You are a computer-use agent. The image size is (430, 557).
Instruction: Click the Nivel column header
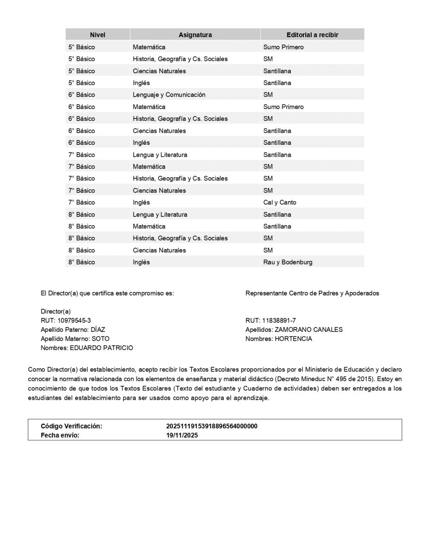(97, 35)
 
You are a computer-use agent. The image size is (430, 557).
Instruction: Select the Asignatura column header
(195, 35)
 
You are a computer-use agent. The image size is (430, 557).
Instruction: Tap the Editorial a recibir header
(312, 35)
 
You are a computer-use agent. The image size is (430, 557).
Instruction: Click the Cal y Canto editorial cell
(280, 202)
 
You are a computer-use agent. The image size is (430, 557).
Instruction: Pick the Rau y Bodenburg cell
(288, 262)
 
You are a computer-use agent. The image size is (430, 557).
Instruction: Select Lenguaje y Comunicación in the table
(169, 95)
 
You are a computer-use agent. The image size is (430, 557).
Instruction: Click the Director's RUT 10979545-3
(74, 321)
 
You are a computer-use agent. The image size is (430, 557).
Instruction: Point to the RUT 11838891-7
(279, 321)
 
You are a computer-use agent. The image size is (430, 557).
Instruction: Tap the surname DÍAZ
(98, 330)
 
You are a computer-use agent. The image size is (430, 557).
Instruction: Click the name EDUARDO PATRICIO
(101, 348)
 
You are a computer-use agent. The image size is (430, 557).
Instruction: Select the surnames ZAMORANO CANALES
(308, 330)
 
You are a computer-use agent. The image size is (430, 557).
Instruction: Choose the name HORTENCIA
(293, 339)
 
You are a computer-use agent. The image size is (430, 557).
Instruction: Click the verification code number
(212, 426)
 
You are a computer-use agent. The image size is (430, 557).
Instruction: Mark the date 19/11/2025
(182, 435)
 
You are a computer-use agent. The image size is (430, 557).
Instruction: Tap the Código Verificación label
(71, 426)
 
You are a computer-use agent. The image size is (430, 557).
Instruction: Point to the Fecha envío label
(60, 435)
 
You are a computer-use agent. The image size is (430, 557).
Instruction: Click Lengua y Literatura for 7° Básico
(160, 155)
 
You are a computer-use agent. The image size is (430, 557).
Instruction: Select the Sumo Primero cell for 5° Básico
(283, 47)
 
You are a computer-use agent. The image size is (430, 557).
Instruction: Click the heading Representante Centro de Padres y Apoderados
(312, 293)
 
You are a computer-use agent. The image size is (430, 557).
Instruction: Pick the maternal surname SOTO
(101, 339)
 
